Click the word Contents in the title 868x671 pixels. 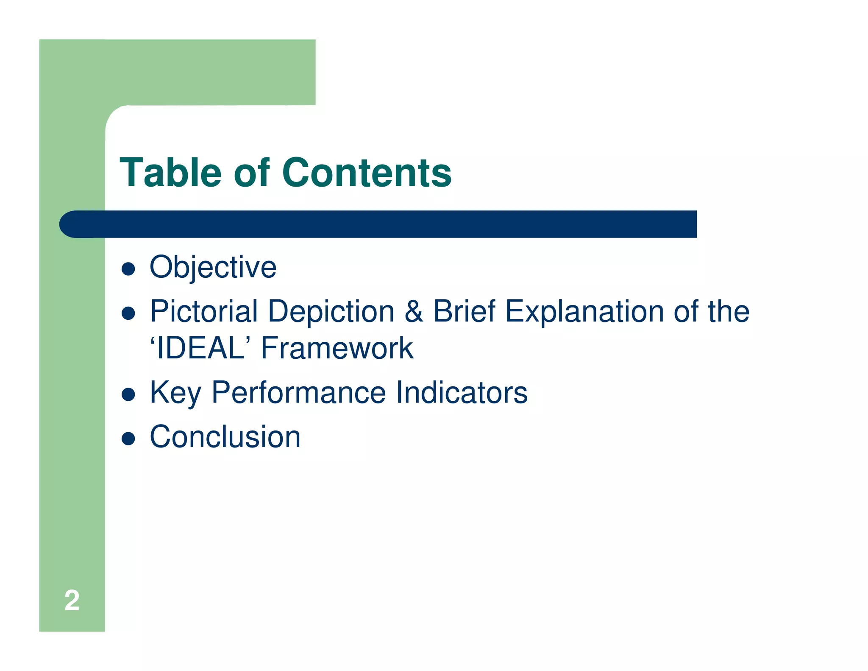367,173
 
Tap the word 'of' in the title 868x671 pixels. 251,173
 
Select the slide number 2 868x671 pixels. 72,600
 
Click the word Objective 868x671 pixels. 213,267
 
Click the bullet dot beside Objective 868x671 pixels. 128,269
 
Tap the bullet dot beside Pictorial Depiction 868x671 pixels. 128,313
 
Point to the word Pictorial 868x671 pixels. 204,311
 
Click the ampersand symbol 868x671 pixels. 414,311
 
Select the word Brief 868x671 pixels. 464,311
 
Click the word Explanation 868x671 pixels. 584,311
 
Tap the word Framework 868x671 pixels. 337,348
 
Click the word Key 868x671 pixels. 175,393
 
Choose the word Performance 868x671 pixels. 298,393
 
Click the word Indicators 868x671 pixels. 462,393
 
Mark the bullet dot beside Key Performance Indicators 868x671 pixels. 128,395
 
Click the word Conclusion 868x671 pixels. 225,437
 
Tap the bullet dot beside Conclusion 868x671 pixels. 128,439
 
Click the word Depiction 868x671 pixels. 331,311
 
